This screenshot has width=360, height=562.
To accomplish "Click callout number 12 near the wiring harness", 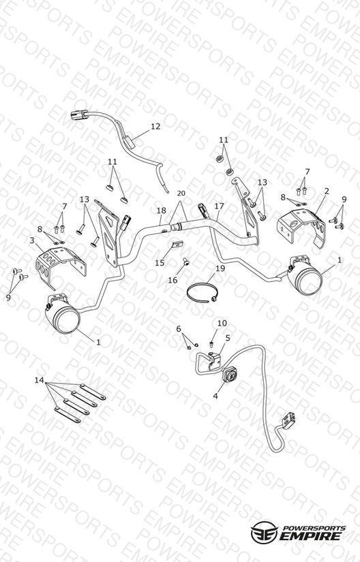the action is pyautogui.click(x=155, y=127).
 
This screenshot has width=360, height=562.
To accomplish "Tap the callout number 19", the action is pyautogui.click(x=220, y=268).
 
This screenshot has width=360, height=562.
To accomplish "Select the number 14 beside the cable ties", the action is pyautogui.click(x=39, y=380).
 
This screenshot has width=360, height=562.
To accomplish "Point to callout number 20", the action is pyautogui.click(x=181, y=193).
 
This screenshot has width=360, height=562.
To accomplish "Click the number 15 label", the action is pyautogui.click(x=160, y=263).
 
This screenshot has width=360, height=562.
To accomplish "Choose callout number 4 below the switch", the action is pyautogui.click(x=215, y=396).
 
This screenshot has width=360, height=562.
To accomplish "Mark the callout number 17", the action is pyautogui.click(x=219, y=206).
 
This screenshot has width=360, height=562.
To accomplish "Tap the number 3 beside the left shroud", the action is pyautogui.click(x=32, y=240).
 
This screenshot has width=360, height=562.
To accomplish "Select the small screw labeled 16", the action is pyautogui.click(x=185, y=262).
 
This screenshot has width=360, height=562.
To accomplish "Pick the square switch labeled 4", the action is pyautogui.click(x=229, y=375).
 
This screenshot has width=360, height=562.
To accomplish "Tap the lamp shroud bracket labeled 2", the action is pyautogui.click(x=302, y=228).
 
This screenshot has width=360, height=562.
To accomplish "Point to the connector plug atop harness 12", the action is pyautogui.click(x=80, y=115).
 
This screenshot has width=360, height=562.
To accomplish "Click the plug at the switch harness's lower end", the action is pyautogui.click(x=288, y=420).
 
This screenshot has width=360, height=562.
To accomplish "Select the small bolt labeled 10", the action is pyautogui.click(x=211, y=345).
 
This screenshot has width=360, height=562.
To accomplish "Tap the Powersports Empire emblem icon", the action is pyautogui.click(x=265, y=532).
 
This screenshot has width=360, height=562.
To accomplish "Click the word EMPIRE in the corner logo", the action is pyautogui.click(x=310, y=536).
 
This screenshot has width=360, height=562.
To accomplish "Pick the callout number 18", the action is pyautogui.click(x=162, y=210).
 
